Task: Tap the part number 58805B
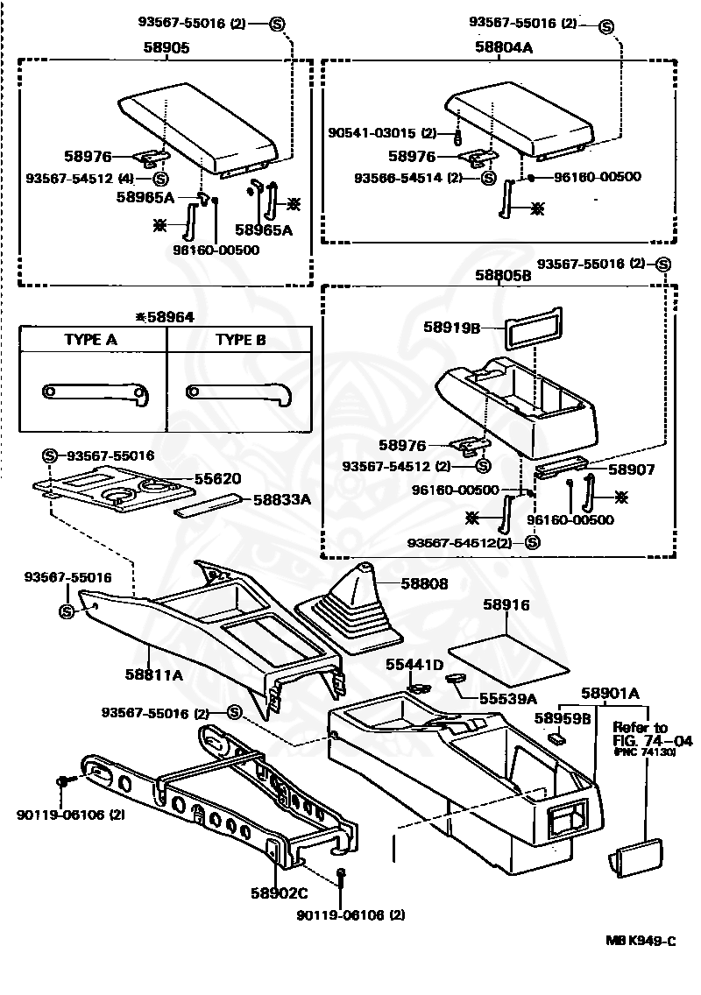[x=504, y=275]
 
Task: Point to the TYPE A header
[x=90, y=340]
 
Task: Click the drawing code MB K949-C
[x=641, y=941]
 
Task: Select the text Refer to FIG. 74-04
[x=651, y=734]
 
